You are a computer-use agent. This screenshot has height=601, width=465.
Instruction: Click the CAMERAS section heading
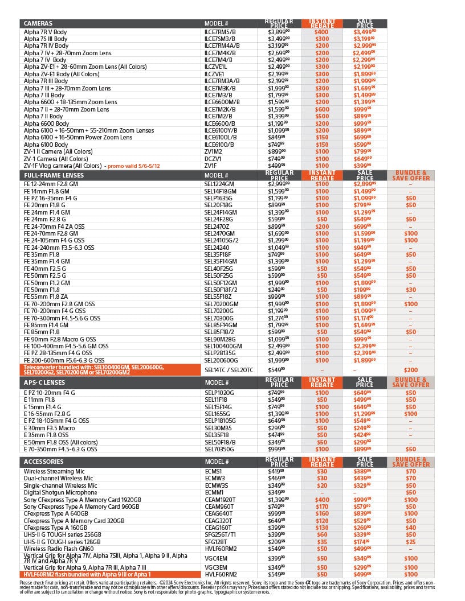pyautogui.click(x=38, y=23)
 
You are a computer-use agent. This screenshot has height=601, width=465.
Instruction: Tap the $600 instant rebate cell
pyautogui.click(x=322, y=109)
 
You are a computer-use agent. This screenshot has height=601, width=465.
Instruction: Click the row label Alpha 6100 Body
pyautogui.click(x=46, y=145)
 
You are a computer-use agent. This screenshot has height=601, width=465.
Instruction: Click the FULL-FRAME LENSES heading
pyautogui.click(x=50, y=175)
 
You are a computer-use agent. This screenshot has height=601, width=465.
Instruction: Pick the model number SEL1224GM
pyautogui.click(x=219, y=184)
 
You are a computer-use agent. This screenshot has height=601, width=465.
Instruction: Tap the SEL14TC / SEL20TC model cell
pyautogui.click(x=229, y=370)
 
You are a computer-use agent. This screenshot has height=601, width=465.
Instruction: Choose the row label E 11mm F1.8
pyautogui.click(x=39, y=400)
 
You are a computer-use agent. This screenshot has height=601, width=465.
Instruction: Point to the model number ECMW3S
pyautogui.click(x=217, y=485)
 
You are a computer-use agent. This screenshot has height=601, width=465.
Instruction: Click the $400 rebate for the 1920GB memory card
pyautogui.click(x=322, y=499)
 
